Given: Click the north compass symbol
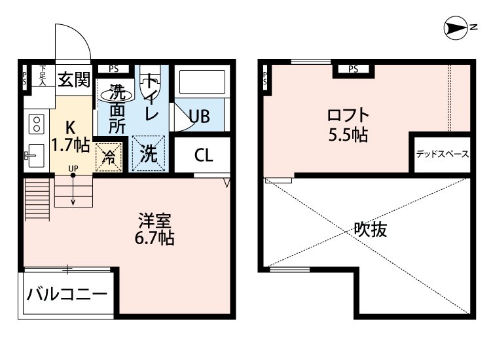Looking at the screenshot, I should tap(457, 27).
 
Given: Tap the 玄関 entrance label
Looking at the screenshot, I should tap(73, 80).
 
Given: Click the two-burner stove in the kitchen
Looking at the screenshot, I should tap(36, 122).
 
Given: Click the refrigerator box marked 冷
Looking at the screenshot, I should tap(109, 156).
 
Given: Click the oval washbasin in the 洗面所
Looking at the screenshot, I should tap(117, 94).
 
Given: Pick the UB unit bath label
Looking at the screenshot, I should tap(199, 117).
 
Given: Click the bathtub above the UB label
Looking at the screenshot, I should tap(202, 82).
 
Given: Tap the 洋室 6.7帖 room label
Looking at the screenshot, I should tap(154, 229).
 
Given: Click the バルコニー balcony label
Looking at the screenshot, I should tap(67, 294).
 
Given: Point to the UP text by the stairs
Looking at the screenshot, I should tap(73, 169).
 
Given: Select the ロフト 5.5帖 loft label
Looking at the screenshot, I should tap(348, 125).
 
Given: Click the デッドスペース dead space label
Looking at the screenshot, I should tap(442, 155).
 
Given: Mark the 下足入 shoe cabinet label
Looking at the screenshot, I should tap(43, 75).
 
